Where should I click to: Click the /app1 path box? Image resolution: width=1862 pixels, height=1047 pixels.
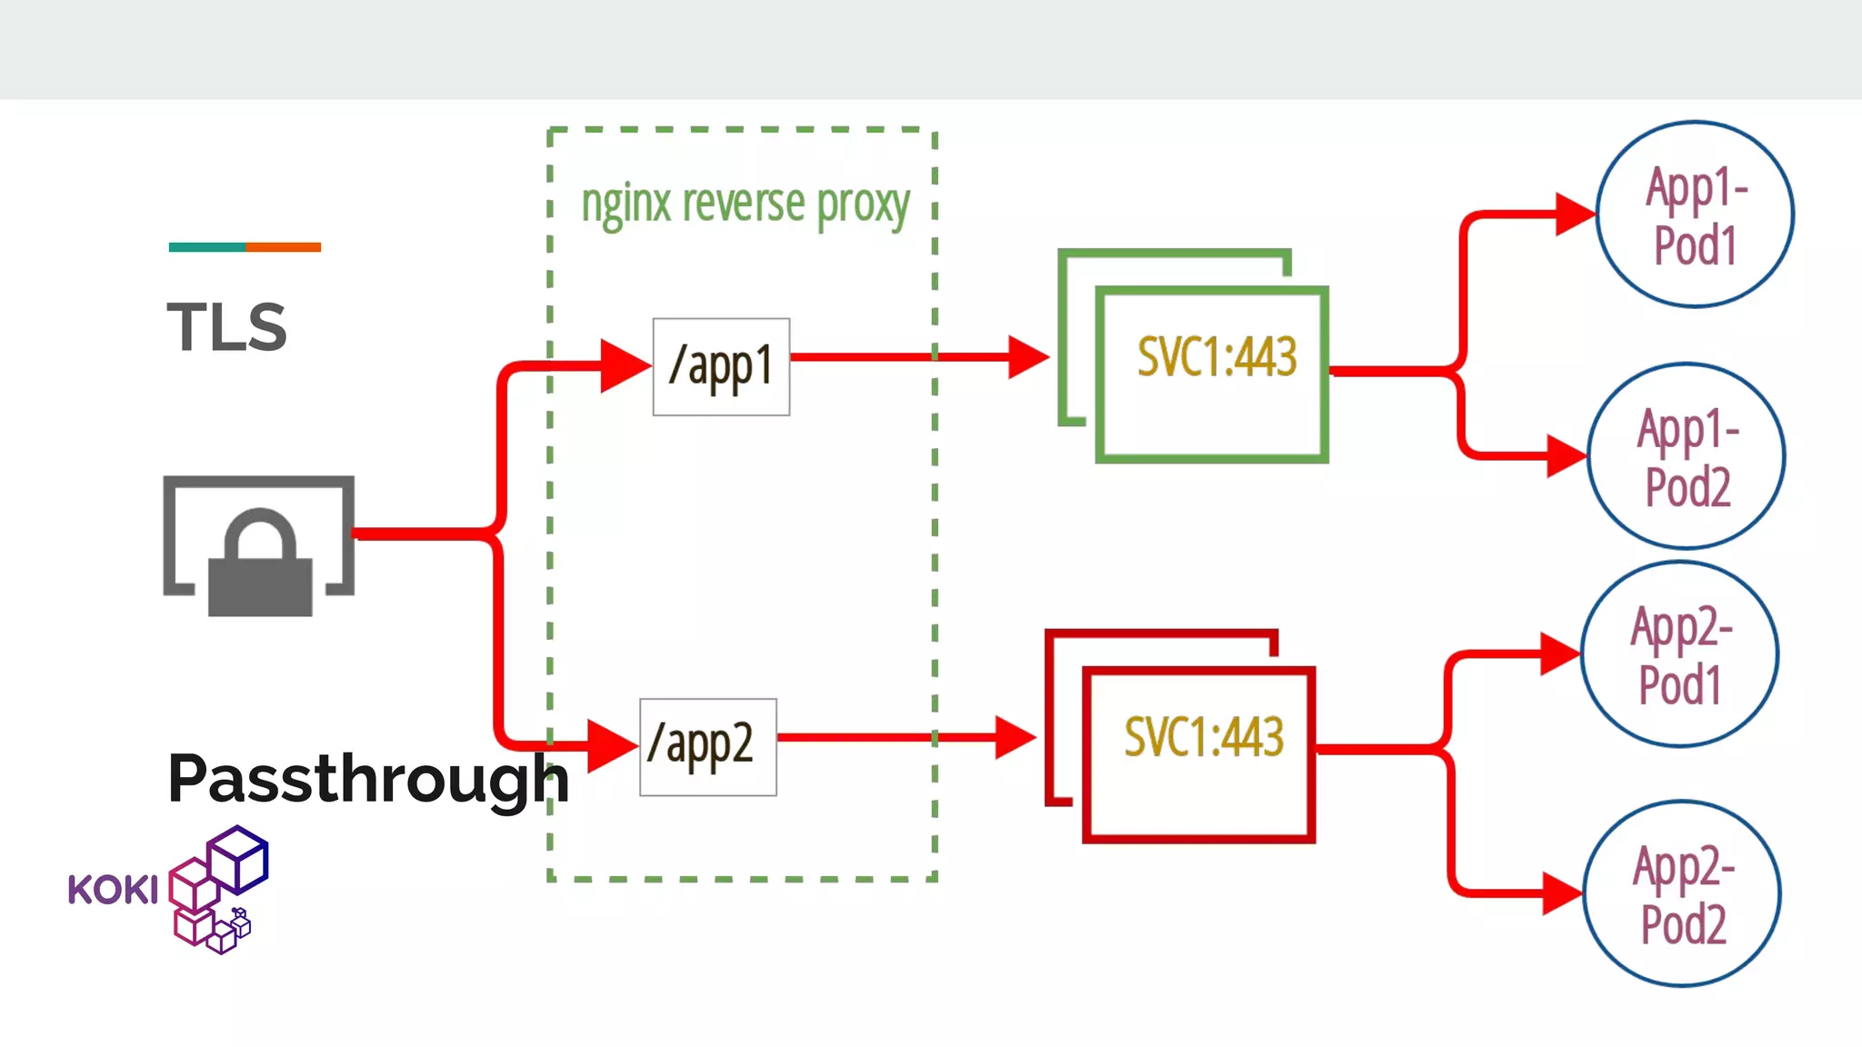click(721, 367)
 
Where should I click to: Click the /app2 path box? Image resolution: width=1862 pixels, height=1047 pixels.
click(708, 747)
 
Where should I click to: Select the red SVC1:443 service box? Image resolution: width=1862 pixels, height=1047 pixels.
click(1199, 754)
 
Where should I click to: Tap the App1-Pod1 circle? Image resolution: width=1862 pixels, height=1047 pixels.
click(1695, 215)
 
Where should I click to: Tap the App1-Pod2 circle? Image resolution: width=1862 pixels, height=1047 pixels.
click(1687, 456)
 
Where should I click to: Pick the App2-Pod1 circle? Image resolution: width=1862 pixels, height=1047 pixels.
click(1679, 654)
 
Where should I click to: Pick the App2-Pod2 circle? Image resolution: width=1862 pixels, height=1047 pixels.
click(1682, 894)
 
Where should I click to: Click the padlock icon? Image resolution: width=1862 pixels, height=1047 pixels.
click(260, 563)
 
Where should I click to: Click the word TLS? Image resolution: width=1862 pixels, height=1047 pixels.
click(227, 328)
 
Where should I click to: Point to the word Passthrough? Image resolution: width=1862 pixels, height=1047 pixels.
click(367, 779)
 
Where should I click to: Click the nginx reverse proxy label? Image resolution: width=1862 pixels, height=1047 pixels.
click(745, 204)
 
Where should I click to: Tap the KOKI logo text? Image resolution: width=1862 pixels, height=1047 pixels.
click(113, 890)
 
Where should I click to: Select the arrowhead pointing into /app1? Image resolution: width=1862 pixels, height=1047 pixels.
click(624, 366)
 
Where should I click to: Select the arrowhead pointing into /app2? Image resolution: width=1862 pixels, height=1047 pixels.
click(611, 746)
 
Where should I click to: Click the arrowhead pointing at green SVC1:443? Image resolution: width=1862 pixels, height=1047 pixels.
click(1027, 357)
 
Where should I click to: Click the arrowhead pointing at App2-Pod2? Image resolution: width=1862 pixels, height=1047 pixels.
click(1561, 892)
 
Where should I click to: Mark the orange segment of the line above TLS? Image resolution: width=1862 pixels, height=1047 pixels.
click(283, 247)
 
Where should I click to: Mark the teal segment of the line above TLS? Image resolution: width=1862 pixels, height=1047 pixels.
click(206, 247)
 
